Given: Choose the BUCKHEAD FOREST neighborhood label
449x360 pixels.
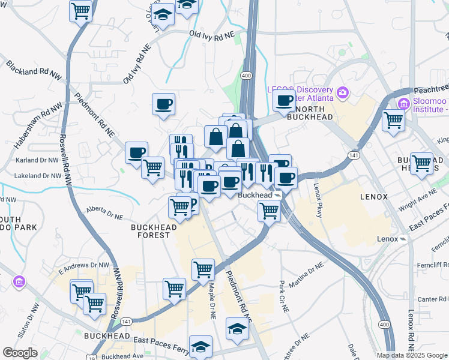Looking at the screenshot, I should (x=154, y=231).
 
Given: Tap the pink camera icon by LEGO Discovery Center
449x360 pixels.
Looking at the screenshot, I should (x=343, y=92).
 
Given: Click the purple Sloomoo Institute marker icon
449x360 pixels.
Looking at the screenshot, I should (x=403, y=105).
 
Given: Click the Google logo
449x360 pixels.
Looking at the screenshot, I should (x=20, y=353).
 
